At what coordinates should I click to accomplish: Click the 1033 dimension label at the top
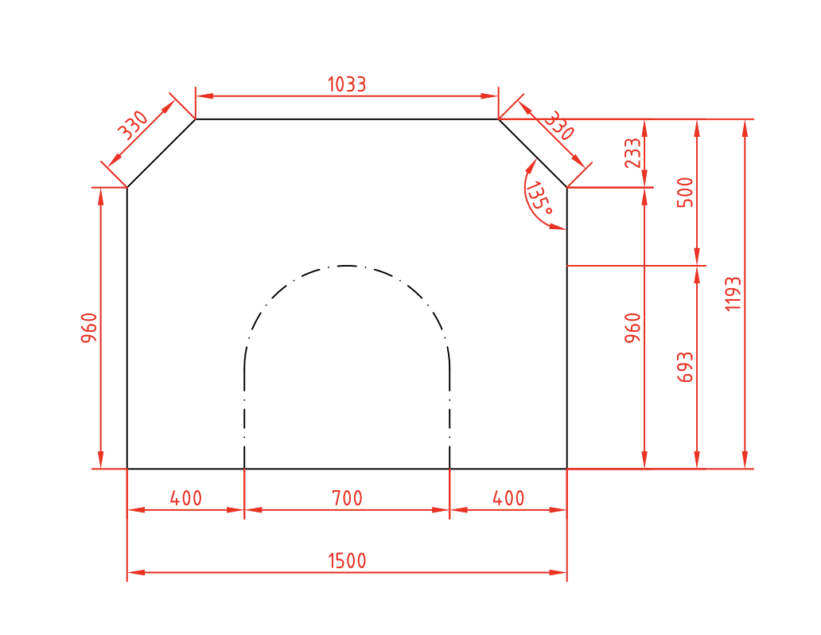347,84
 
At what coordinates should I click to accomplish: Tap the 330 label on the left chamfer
134,125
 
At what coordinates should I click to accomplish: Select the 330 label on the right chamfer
558,126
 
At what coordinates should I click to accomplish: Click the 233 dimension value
632,153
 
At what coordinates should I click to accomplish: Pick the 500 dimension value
685,193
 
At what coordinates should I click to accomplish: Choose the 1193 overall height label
733,294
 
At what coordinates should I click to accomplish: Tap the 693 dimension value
685,368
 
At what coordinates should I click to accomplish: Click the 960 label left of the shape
89,328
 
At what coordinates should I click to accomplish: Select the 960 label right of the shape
632,328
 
